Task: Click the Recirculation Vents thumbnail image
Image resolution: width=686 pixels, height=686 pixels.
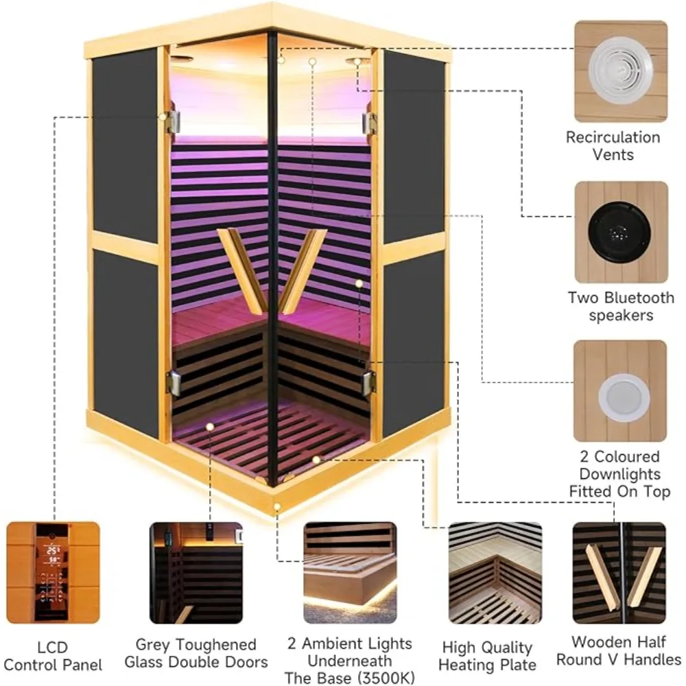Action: point(620,71)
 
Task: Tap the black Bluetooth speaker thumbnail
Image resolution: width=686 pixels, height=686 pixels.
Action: point(620,232)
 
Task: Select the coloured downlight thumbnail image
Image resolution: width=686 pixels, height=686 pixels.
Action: point(620,391)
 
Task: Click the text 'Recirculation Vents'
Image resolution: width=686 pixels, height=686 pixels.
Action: point(613,145)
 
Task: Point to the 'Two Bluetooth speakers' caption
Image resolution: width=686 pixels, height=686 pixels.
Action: point(621,307)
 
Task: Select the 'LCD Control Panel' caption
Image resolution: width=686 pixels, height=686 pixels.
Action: point(54,655)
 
